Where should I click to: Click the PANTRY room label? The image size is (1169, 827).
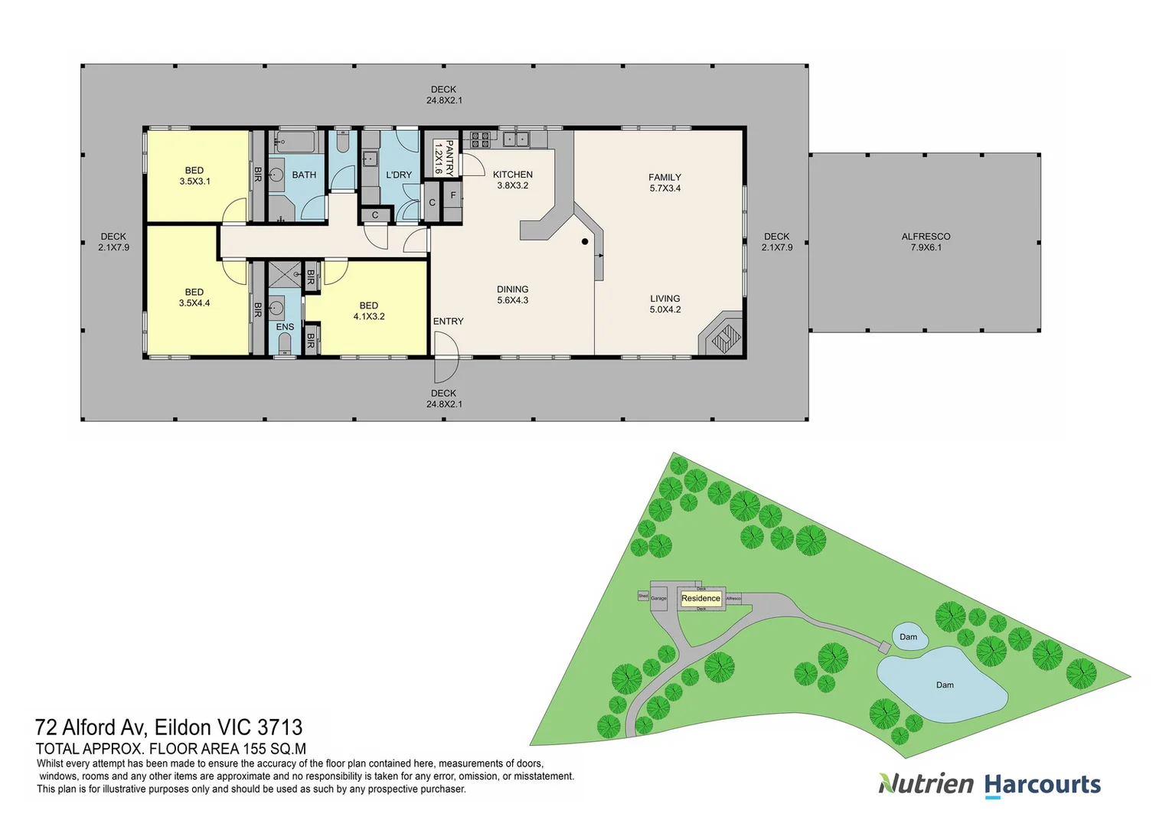click(x=444, y=158)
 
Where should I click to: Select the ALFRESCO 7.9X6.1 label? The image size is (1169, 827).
click(x=926, y=242)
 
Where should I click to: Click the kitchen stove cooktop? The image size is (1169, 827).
click(x=480, y=139)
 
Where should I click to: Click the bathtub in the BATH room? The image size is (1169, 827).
click(x=296, y=141)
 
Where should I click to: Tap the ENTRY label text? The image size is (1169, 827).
click(x=448, y=322)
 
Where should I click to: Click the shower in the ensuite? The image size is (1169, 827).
click(x=284, y=272)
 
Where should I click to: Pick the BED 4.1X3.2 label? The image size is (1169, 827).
click(x=369, y=311)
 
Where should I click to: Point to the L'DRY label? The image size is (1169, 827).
click(x=399, y=175)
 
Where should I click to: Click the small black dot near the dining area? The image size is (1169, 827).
click(x=585, y=242)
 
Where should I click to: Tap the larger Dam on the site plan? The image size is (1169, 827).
click(x=943, y=685)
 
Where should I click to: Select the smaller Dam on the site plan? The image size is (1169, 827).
click(x=909, y=637)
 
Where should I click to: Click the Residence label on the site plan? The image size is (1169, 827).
click(x=700, y=599)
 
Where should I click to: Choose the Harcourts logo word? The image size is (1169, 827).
click(x=1042, y=785)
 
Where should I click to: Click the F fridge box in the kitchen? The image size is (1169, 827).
click(x=453, y=196)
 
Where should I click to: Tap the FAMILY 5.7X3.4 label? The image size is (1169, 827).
click(x=665, y=182)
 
